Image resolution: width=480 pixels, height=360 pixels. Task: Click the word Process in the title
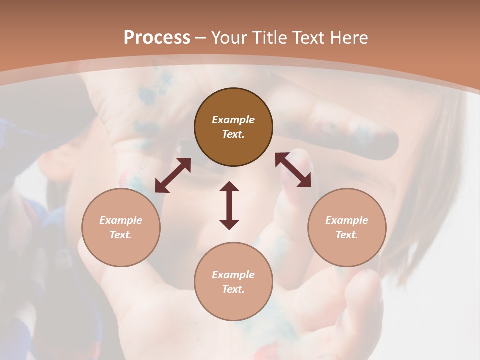157,38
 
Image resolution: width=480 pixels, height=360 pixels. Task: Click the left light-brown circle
121,227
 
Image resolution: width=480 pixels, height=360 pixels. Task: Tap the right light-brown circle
347,227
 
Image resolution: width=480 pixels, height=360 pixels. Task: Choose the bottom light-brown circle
233,282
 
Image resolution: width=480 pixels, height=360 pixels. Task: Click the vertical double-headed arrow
229,205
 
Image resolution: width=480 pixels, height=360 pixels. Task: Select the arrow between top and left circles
173,175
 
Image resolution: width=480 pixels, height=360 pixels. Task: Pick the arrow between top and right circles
293,170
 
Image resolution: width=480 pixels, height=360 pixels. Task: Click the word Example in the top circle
233,120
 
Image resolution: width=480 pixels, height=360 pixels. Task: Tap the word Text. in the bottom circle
233,289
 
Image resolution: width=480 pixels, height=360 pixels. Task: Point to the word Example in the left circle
121,220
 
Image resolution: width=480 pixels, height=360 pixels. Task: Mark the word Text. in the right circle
347,235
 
